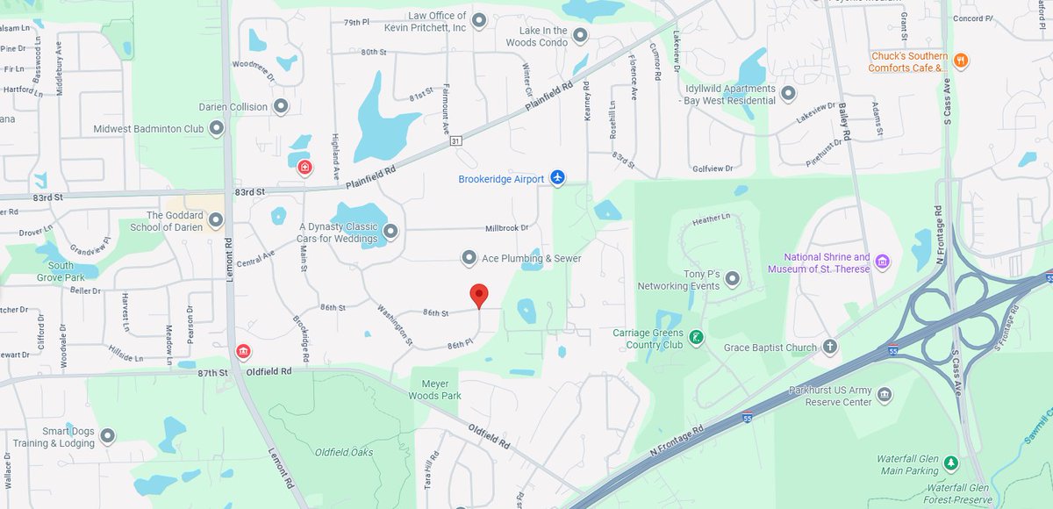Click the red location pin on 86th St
click(x=478, y=295)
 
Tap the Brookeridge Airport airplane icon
click(x=557, y=178)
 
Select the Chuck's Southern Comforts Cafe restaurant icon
click(x=961, y=61)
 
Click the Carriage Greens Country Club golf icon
click(x=696, y=337)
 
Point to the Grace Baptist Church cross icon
click(x=830, y=348)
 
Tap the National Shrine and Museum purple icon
click(x=883, y=262)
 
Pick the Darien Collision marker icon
click(x=281, y=106)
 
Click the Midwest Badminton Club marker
click(x=217, y=129)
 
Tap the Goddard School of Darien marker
click(x=216, y=220)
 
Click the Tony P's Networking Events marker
click(x=732, y=279)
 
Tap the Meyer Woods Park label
click(x=435, y=390)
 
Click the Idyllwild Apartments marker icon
click(x=788, y=93)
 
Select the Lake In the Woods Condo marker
click(x=579, y=36)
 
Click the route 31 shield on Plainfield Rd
click(x=455, y=140)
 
